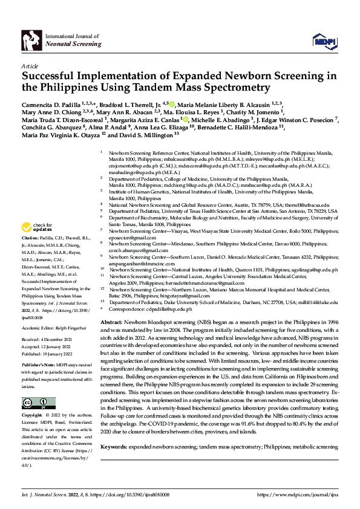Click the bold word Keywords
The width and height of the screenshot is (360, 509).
point(114,464)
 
